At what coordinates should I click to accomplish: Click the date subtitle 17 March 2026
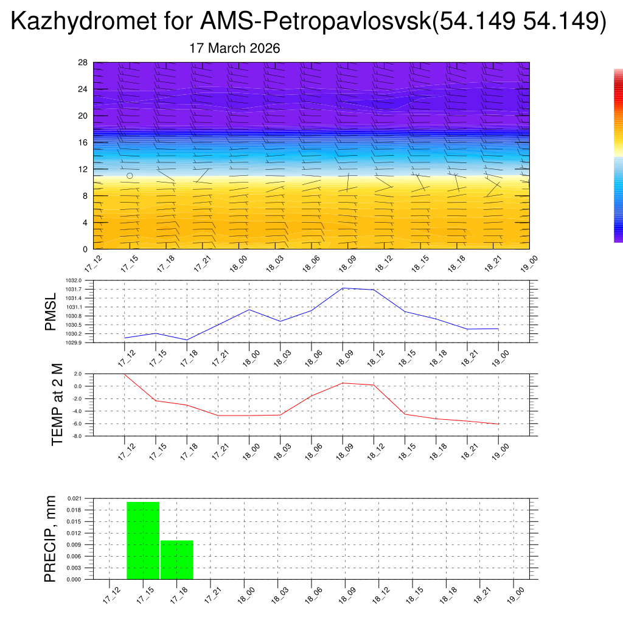(x=235, y=48)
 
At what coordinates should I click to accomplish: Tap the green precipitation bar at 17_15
(x=143, y=540)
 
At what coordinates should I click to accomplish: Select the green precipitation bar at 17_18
(x=177, y=560)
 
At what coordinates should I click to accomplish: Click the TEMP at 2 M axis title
(x=57, y=405)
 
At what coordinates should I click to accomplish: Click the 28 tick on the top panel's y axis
(x=83, y=63)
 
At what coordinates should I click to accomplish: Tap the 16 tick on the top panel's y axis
(x=83, y=142)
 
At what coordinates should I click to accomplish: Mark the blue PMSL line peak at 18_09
(x=343, y=288)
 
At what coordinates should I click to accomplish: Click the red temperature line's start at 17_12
(x=125, y=374)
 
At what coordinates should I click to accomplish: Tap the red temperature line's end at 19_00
(x=498, y=424)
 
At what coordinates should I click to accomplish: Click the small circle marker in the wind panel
(x=130, y=176)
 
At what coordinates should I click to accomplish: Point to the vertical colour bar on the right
(x=618, y=155)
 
